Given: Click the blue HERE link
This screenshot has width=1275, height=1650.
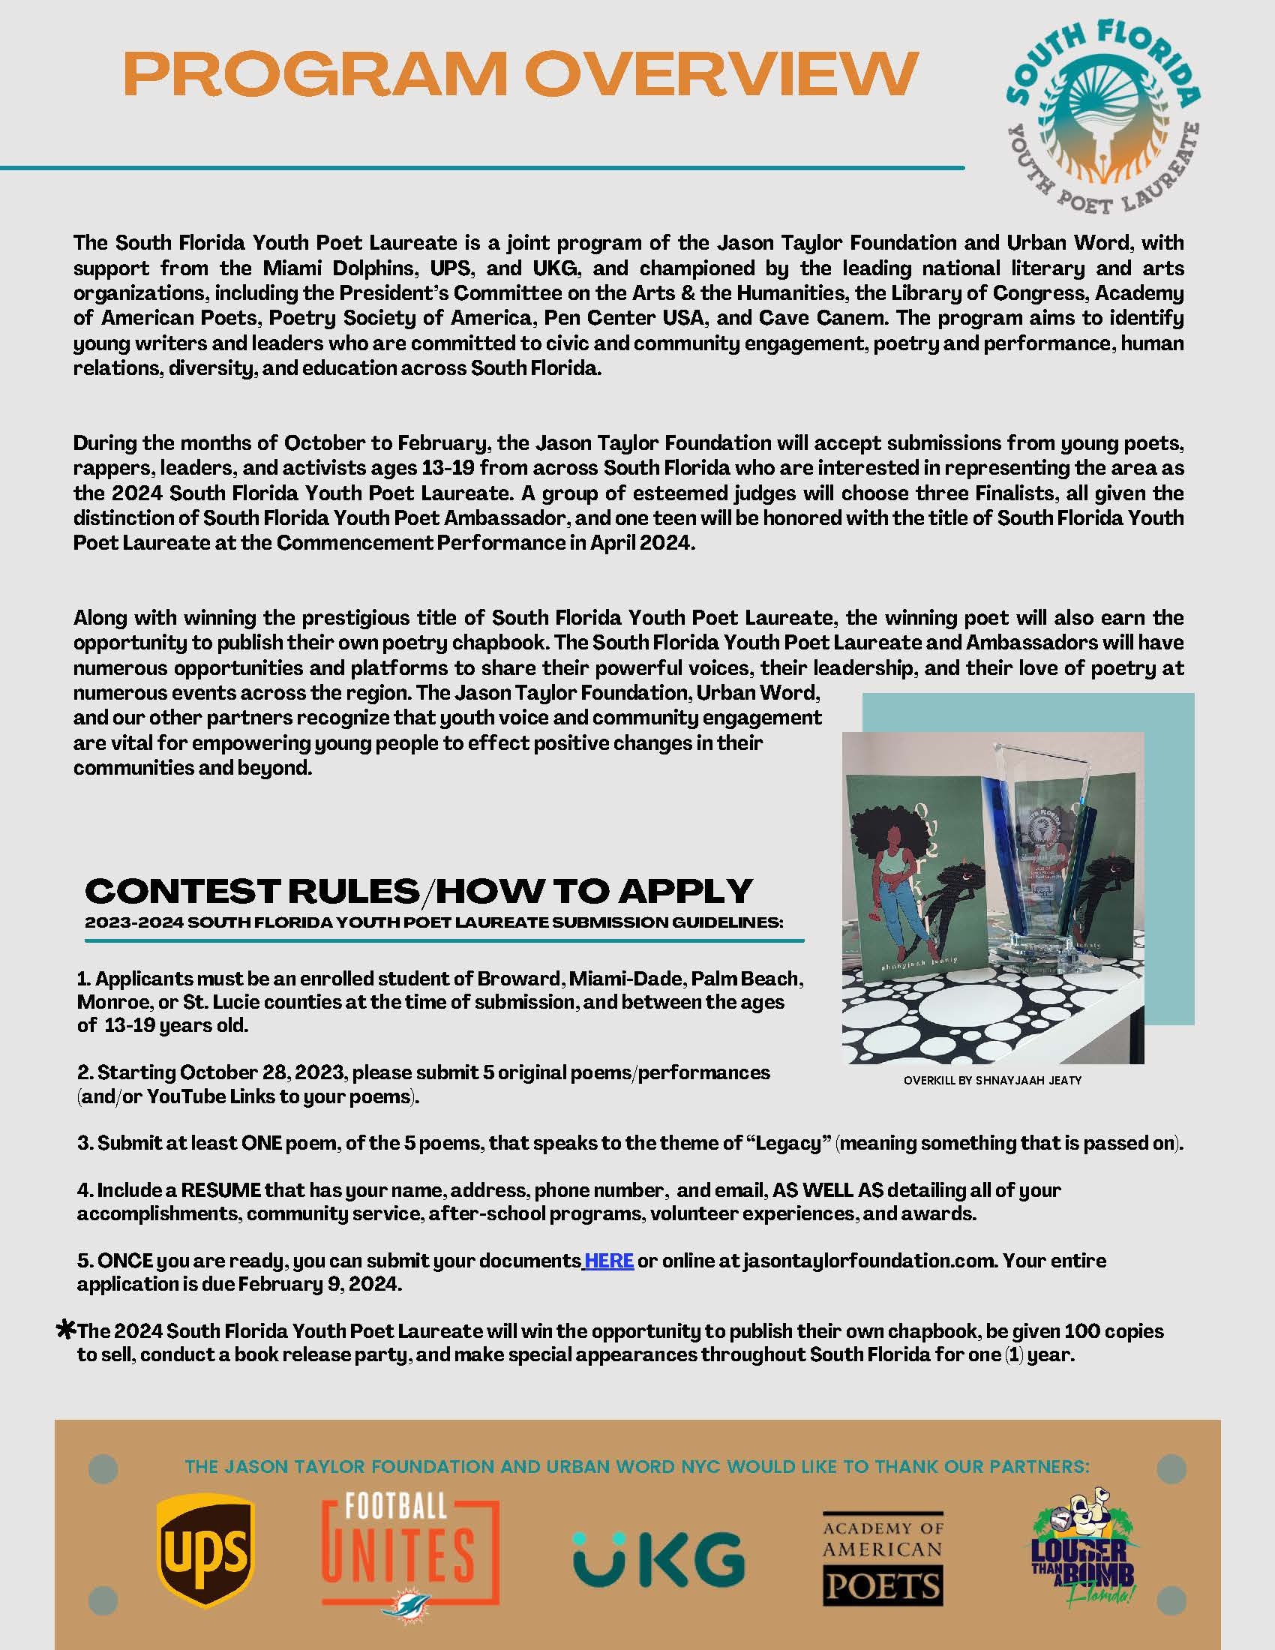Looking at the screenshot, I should pyautogui.click(x=609, y=1261).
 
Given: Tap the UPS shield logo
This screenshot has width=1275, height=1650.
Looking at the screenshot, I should pyautogui.click(x=205, y=1553).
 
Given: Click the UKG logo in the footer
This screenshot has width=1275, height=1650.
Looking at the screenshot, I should pyautogui.click(x=658, y=1558).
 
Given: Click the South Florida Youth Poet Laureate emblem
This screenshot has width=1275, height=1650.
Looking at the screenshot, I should pyautogui.click(x=1102, y=118).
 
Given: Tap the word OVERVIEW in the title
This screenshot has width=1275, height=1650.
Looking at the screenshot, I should pyautogui.click(x=721, y=75).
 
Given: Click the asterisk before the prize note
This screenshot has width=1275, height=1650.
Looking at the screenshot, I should pyautogui.click(x=67, y=1330).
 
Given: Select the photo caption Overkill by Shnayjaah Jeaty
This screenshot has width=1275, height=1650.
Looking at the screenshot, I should pyautogui.click(x=992, y=1080).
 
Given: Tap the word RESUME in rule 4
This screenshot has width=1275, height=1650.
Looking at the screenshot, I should pyautogui.click(x=220, y=1190).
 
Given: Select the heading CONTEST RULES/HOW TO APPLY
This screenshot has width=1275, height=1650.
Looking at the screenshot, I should pyautogui.click(x=418, y=891).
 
